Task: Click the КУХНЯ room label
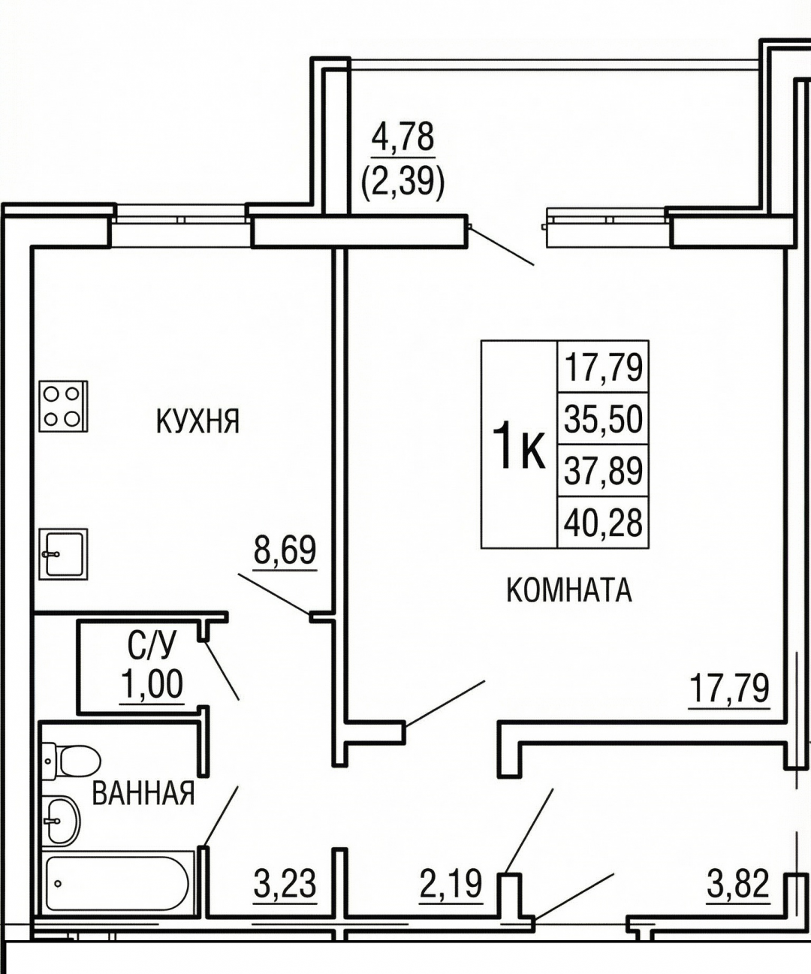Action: [x=197, y=421]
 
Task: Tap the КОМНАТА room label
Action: [x=569, y=590]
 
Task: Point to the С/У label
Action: [x=152, y=646]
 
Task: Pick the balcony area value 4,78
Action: [x=403, y=137]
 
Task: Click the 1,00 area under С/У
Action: [x=152, y=684]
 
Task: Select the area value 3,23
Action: [x=285, y=884]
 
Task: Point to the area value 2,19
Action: [x=451, y=884]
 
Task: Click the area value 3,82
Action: [x=737, y=884]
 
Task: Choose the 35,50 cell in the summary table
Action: [x=603, y=418]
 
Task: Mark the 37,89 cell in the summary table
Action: [x=603, y=470]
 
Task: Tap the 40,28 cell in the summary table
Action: [x=603, y=522]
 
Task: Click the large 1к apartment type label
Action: [x=519, y=444]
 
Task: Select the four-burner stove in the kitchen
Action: [x=63, y=406]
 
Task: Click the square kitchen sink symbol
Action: [x=63, y=554]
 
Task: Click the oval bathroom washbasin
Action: [x=61, y=820]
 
